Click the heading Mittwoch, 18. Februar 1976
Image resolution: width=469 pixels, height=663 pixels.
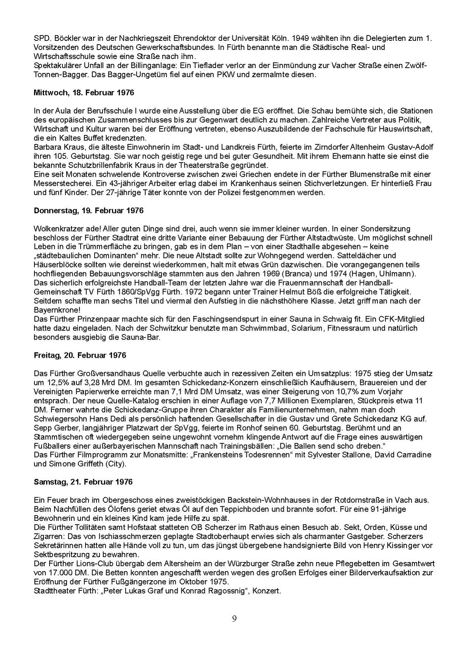point(84,93)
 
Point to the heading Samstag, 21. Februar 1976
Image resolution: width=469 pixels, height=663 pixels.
point(83,482)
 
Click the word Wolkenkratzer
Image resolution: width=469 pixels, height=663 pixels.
point(57,229)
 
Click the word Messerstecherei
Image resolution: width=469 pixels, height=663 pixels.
point(59,183)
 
